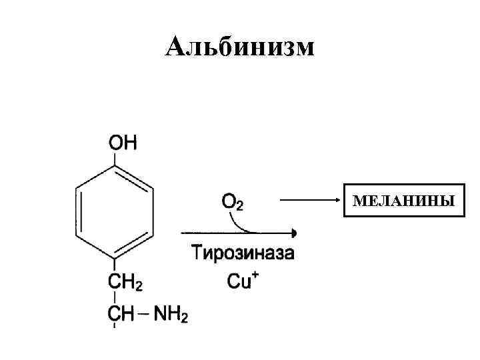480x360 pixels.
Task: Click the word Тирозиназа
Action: pyautogui.click(x=243, y=254)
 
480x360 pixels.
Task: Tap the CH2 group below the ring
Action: pyautogui.click(x=125, y=283)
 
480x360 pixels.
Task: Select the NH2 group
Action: pyautogui.click(x=172, y=313)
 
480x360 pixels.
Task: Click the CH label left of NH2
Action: pyautogui.click(x=121, y=313)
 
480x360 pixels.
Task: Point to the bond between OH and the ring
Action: pyautogui.click(x=116, y=158)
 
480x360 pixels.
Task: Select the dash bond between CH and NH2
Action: pyautogui.click(x=145, y=313)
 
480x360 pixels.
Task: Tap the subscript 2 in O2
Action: pyautogui.click(x=239, y=206)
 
